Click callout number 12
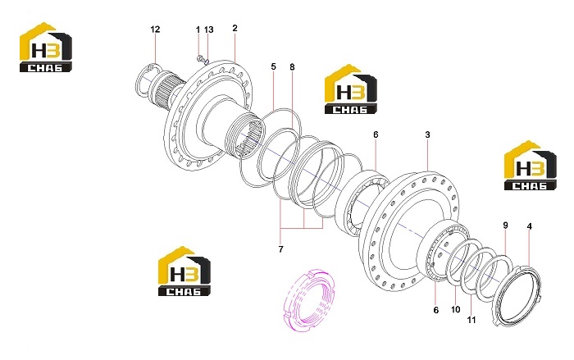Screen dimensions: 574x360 (x=155, y=29)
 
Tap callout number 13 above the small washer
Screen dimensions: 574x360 (x=208, y=30)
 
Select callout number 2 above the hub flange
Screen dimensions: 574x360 (x=235, y=28)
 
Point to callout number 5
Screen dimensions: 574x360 (x=273, y=66)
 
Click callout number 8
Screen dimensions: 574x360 (x=292, y=67)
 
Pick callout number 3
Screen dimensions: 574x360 (x=427, y=134)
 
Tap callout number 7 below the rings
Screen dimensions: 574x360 (x=280, y=249)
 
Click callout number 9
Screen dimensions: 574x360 (x=506, y=226)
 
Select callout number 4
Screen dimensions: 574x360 (x=529, y=226)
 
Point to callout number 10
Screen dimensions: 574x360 (x=455, y=309)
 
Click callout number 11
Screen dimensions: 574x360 (x=471, y=320)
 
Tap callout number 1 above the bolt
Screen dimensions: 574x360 (x=198, y=30)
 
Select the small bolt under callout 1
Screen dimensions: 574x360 (x=200, y=58)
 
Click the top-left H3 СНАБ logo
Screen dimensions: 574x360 (x=46, y=47)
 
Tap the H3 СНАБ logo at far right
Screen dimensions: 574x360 (x=531, y=165)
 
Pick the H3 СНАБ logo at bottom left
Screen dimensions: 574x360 (x=184, y=271)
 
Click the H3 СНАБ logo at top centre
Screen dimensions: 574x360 (x=351, y=89)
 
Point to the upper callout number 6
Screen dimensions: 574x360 (x=376, y=134)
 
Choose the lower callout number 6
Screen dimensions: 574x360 (x=436, y=310)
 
